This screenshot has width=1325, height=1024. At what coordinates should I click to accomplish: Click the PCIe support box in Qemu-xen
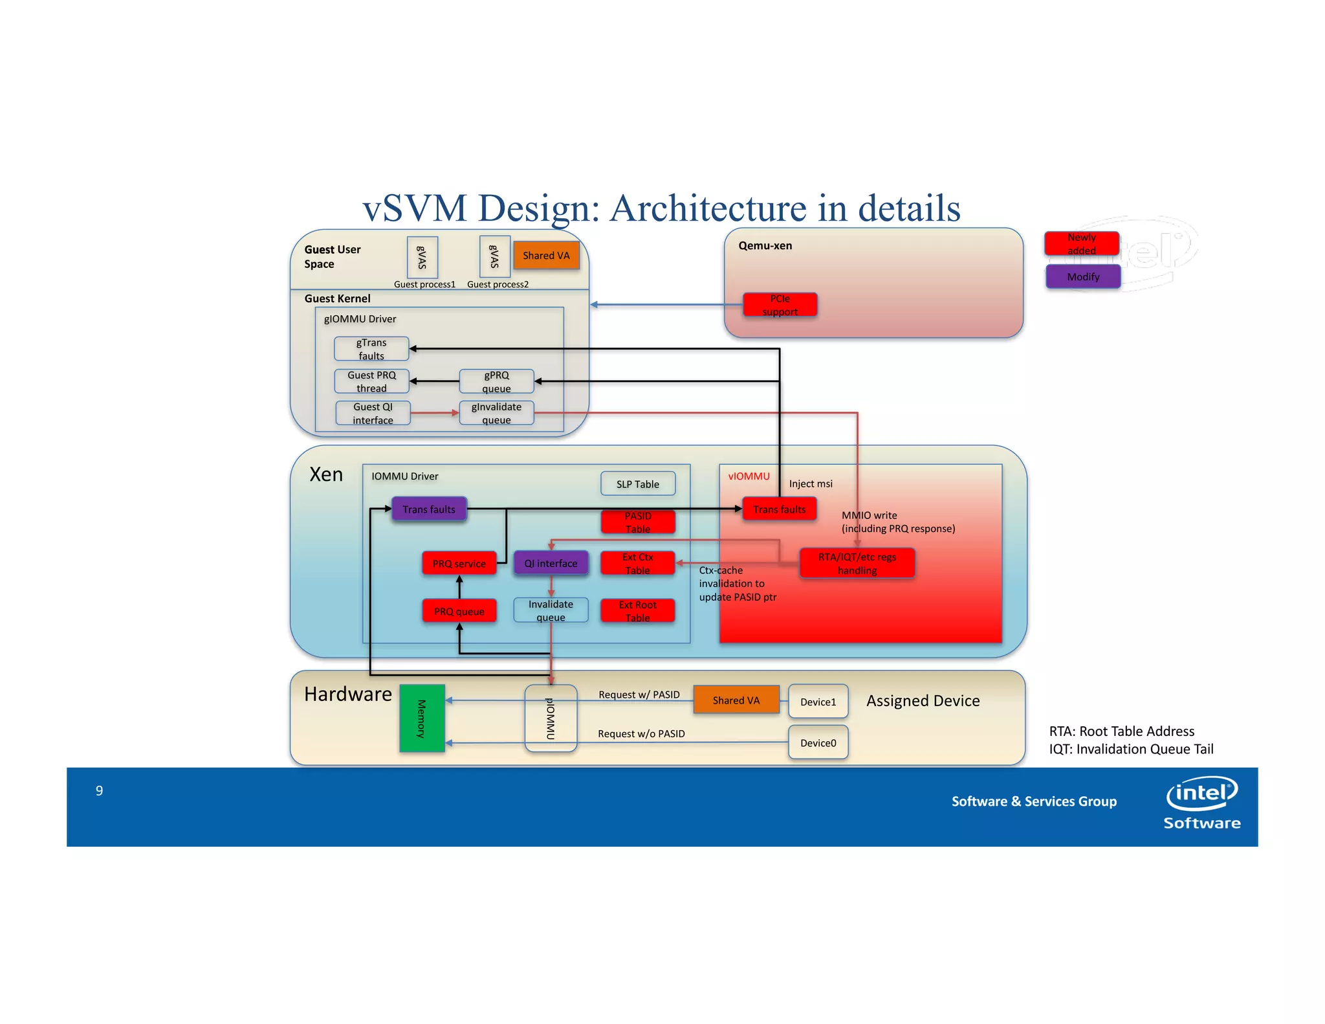point(780,305)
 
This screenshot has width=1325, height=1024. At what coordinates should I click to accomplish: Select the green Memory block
point(422,718)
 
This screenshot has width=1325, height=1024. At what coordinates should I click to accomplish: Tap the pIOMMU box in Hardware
point(551,718)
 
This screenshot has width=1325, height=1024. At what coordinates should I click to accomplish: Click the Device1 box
point(818,702)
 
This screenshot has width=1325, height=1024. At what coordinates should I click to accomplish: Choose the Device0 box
point(818,742)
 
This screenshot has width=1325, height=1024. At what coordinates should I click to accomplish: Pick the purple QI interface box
point(551,563)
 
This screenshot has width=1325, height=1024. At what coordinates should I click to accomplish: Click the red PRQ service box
point(459,563)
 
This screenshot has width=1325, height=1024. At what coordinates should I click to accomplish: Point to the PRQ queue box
point(459,611)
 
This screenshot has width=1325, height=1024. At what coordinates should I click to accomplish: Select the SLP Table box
point(637,484)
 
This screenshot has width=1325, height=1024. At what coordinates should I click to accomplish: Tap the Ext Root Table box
point(637,611)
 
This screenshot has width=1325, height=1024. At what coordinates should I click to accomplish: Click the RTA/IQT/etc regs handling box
point(857,563)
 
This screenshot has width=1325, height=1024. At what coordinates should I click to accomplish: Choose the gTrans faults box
point(371,349)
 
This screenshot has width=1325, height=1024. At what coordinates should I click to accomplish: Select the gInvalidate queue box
point(496,413)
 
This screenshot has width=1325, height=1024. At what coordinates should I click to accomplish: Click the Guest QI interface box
point(373,413)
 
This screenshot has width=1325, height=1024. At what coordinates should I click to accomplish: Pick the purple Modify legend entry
point(1083,276)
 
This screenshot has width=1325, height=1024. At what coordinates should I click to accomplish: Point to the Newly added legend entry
point(1081,243)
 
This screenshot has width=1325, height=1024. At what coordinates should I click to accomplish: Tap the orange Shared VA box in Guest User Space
point(546,255)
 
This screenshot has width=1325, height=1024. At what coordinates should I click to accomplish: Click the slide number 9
point(99,790)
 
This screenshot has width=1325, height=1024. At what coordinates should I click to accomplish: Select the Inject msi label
point(811,484)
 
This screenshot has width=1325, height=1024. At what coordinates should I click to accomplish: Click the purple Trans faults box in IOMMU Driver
point(428,509)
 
